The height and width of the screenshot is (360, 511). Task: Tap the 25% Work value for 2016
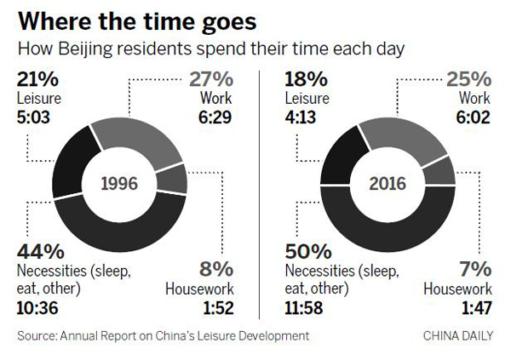click(x=471, y=80)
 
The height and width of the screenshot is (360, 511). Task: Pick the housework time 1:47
click(x=474, y=309)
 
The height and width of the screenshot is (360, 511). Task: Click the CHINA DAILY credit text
click(x=457, y=336)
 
